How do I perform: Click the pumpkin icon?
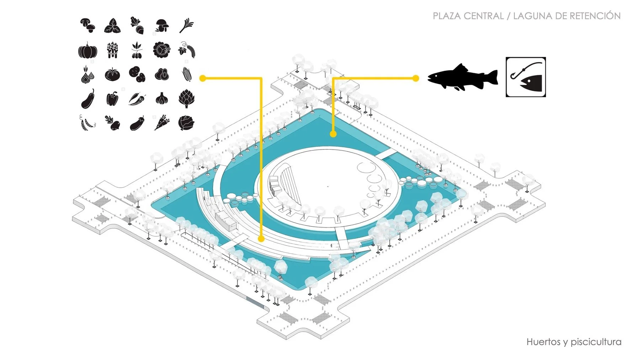(87, 50)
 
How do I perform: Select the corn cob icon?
(187, 74)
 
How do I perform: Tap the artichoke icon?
(186, 98)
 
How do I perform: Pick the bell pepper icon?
(112, 99)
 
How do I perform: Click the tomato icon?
(112, 75)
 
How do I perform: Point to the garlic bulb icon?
(162, 99)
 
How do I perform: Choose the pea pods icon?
(87, 123)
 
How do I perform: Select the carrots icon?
(162, 123)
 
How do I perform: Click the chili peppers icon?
(137, 99)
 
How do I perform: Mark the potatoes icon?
(137, 75)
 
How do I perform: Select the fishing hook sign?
(526, 77)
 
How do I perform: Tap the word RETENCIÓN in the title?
(595, 16)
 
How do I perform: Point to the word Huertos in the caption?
(543, 342)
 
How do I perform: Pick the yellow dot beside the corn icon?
(203, 78)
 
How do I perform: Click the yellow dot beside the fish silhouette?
(416, 78)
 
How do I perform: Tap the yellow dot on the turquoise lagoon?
(333, 134)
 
